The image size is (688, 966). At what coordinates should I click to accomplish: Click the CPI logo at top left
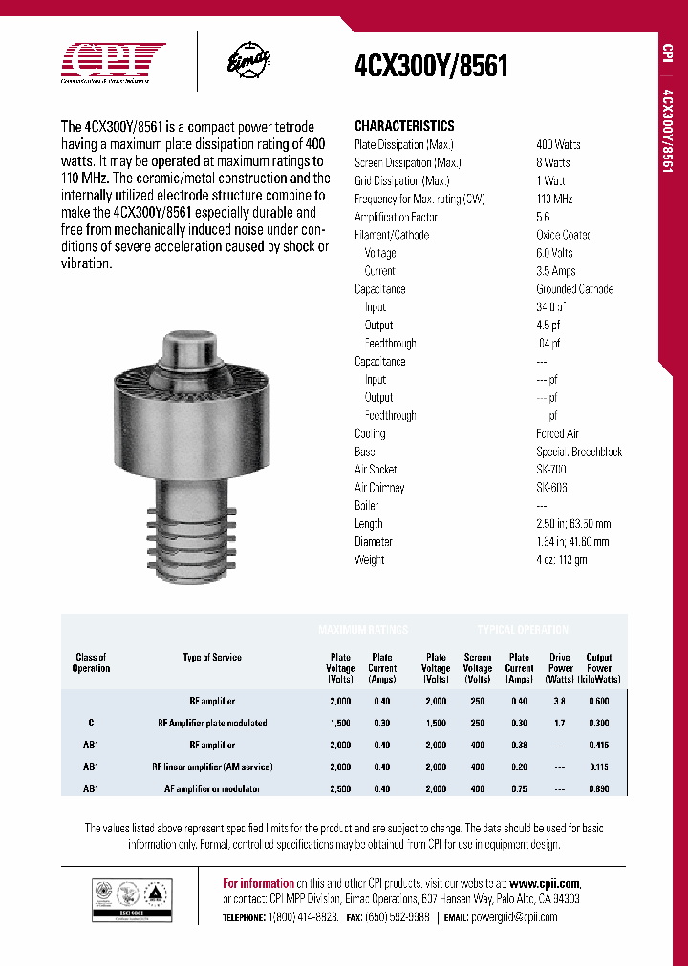click(113, 61)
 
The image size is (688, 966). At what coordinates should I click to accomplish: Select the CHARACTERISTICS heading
click(404, 126)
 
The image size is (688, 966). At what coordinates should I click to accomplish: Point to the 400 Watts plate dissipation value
click(558, 144)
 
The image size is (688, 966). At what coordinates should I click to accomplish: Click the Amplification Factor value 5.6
click(543, 217)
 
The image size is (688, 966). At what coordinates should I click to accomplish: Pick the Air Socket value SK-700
click(551, 470)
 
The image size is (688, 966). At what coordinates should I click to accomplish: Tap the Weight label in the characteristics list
click(370, 560)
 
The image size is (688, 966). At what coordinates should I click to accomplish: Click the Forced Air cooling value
click(557, 433)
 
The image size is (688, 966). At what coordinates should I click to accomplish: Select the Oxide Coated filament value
click(563, 235)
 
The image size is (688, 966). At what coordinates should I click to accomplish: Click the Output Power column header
click(599, 668)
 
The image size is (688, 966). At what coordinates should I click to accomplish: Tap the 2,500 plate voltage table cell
click(340, 789)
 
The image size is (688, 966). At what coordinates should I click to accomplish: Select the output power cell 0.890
click(599, 789)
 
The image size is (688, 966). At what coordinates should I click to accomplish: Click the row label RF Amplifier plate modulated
click(212, 723)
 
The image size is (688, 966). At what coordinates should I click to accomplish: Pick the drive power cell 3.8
click(560, 701)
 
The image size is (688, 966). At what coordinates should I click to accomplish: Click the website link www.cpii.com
click(545, 884)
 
